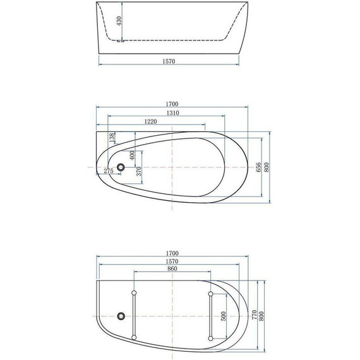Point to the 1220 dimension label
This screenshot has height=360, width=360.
(150, 121)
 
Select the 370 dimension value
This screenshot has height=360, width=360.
(139, 171)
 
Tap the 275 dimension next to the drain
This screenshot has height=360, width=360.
(108, 172)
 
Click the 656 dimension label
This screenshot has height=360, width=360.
(258, 167)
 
